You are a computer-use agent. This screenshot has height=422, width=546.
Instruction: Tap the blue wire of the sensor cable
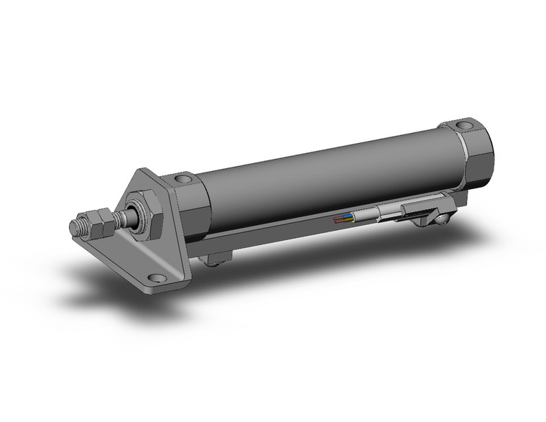[x=348, y=216]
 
